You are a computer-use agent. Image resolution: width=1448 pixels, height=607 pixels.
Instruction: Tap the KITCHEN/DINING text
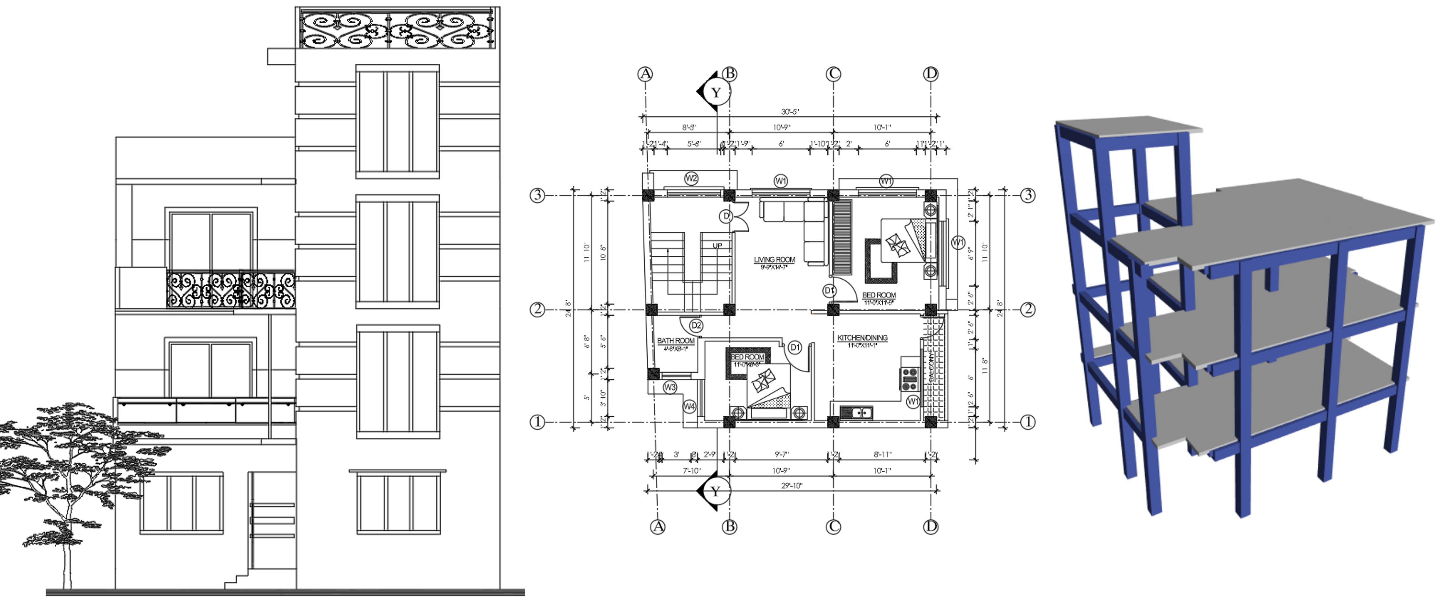tap(862, 338)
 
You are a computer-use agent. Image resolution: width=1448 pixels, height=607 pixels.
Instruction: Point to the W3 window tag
tap(669, 387)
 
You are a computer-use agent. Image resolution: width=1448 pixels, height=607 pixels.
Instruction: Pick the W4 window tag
tap(689, 406)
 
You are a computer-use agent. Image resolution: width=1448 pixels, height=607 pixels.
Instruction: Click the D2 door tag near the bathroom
tap(696, 325)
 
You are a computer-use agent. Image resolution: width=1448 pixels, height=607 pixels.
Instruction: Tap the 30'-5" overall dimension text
tap(790, 112)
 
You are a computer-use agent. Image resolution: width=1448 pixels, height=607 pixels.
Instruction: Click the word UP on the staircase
tap(717, 246)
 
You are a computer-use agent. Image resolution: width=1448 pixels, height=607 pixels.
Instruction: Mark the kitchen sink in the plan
tap(856, 413)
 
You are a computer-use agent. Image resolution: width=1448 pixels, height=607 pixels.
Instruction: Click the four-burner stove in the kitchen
tap(909, 379)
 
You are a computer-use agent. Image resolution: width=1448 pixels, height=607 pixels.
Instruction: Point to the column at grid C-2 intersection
tap(833, 309)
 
